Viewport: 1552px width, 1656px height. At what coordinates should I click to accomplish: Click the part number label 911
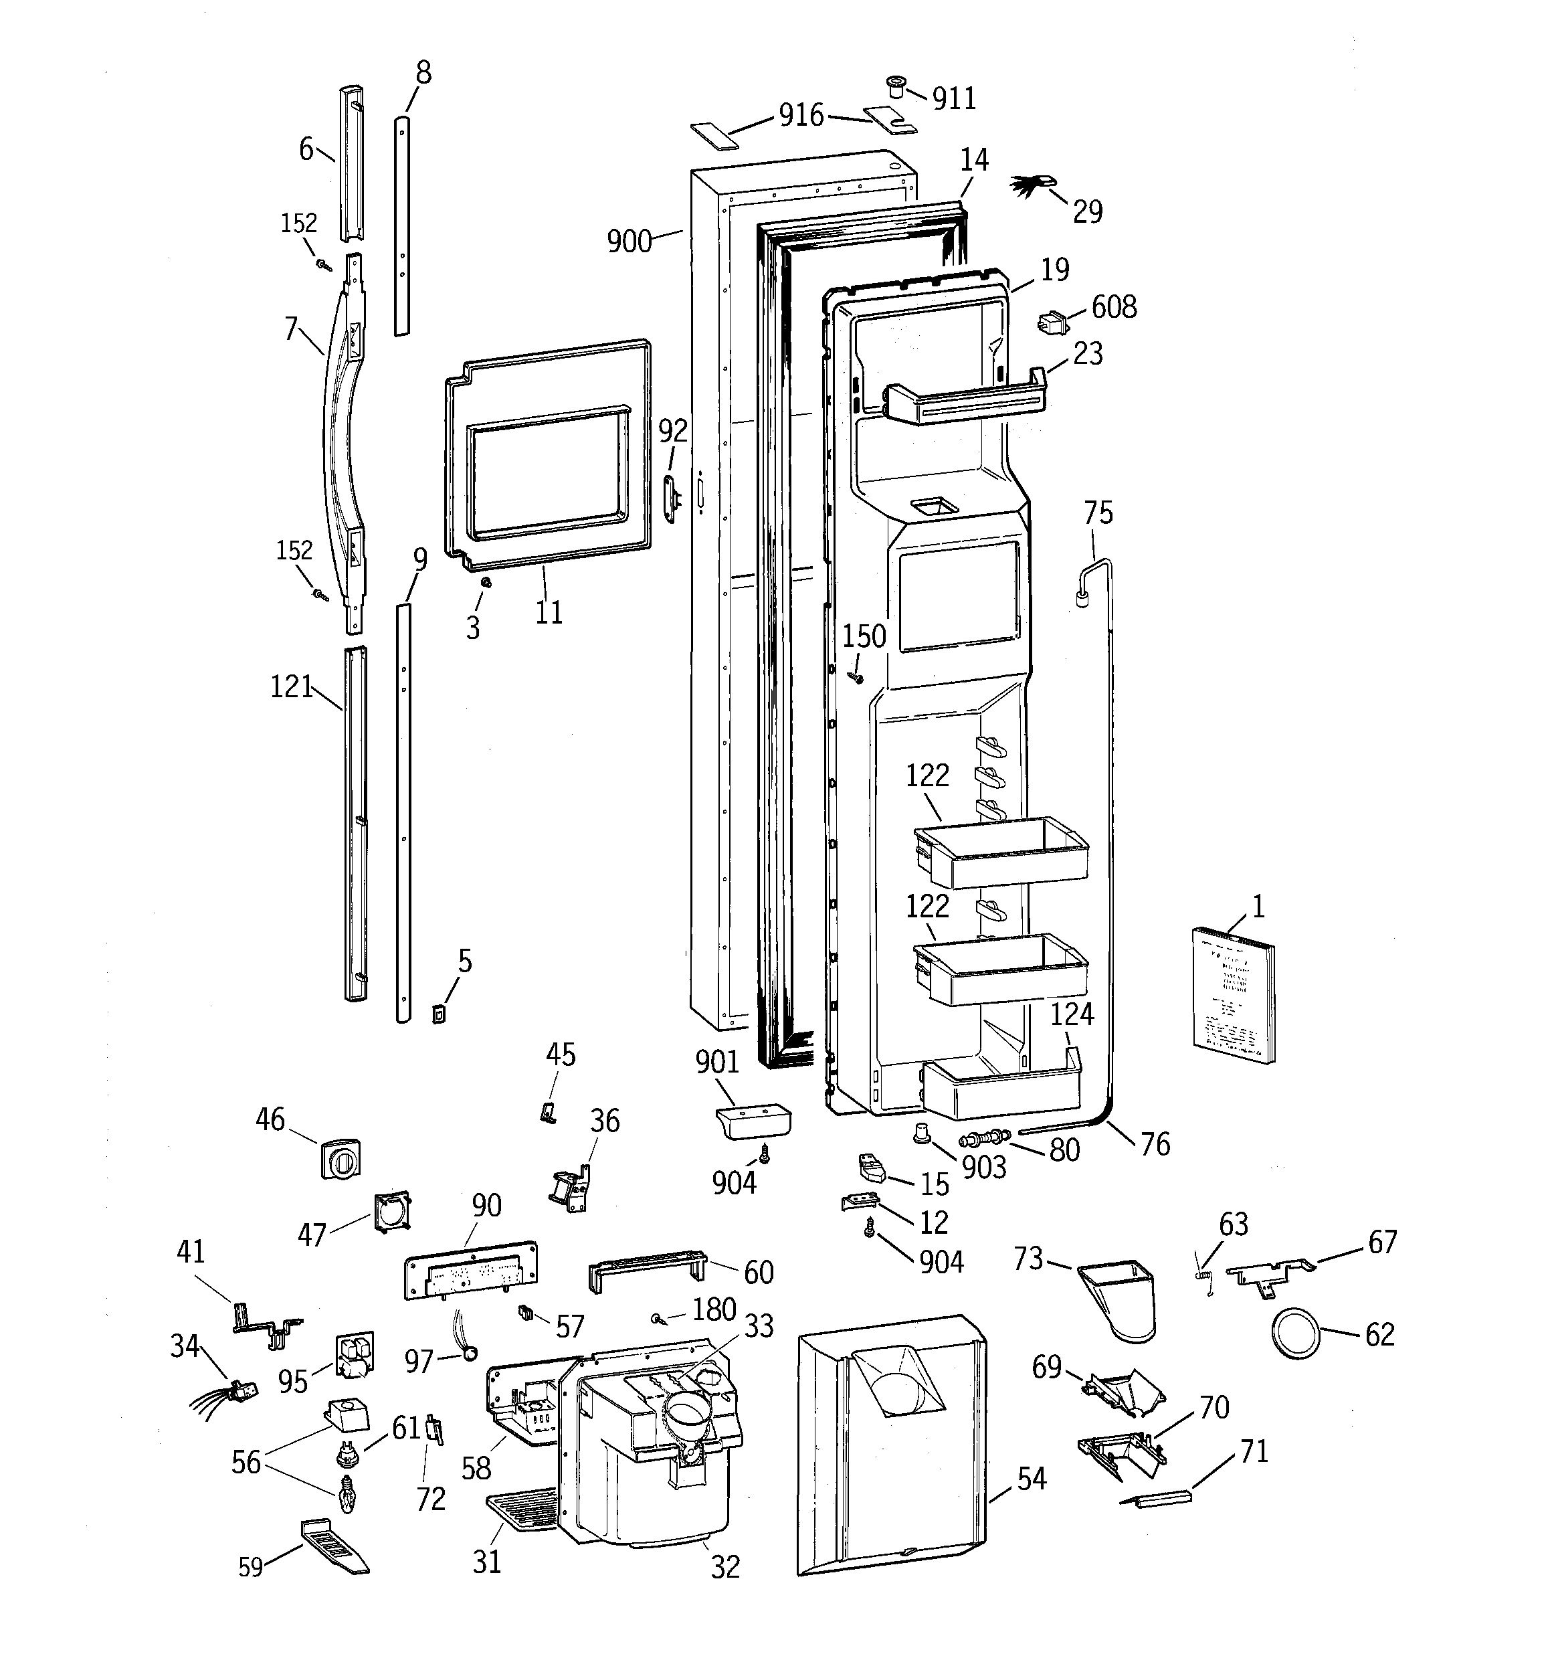(954, 99)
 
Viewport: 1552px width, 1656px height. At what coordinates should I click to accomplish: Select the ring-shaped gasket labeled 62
(1296, 1333)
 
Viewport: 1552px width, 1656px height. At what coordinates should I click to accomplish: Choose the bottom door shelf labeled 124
(1004, 1089)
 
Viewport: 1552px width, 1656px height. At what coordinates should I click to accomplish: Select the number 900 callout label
(629, 242)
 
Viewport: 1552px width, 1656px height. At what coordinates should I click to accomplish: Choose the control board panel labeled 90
(471, 1269)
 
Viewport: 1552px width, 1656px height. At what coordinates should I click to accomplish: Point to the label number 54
(1032, 1479)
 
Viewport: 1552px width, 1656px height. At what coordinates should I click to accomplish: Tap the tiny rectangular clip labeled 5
(438, 1014)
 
